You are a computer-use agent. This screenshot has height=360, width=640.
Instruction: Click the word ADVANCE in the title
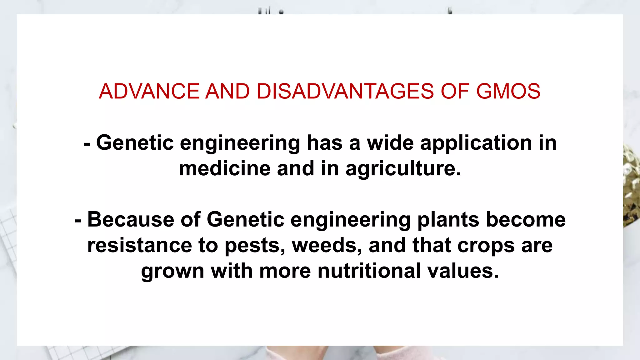click(149, 91)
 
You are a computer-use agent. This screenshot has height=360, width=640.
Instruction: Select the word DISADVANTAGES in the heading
click(345, 91)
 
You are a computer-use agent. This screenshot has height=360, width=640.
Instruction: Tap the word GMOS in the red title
click(508, 91)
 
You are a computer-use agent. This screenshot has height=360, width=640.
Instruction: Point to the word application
click(476, 143)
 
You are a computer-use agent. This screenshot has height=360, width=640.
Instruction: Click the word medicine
click(224, 168)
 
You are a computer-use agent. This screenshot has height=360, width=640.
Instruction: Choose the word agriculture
click(403, 169)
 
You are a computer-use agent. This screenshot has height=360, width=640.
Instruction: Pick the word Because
click(131, 219)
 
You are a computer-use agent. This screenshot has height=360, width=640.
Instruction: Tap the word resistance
click(139, 245)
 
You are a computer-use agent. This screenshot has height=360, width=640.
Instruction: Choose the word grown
click(172, 271)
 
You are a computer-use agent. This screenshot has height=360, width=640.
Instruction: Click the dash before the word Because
click(78, 221)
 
